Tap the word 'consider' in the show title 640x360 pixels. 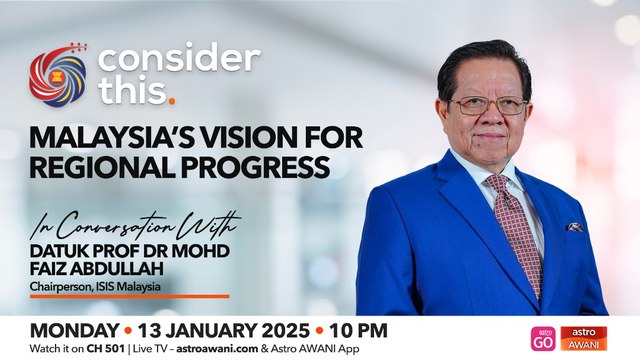coord(179,59)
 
